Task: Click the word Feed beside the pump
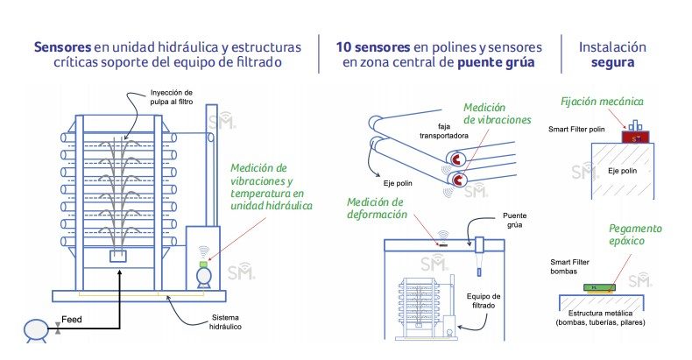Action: click(73, 321)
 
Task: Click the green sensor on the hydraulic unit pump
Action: click(202, 263)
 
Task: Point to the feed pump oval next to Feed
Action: click(35, 328)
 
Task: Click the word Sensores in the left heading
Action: click(64, 46)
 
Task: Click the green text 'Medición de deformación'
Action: click(377, 208)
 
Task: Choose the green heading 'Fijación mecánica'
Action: click(602, 102)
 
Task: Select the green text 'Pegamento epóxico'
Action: click(634, 235)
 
